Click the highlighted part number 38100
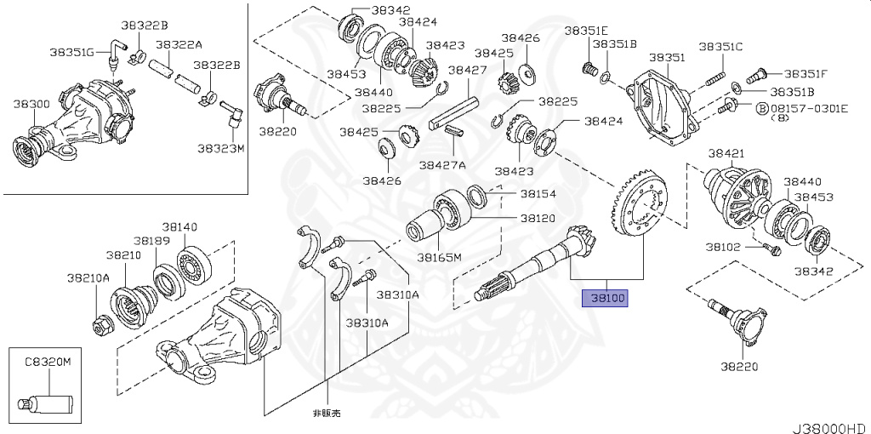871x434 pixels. click(x=604, y=299)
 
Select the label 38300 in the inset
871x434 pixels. click(x=31, y=104)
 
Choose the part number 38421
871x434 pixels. click(x=726, y=153)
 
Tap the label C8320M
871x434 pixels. click(x=48, y=362)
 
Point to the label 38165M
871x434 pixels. click(x=439, y=257)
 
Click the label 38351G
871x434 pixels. click(x=71, y=52)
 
